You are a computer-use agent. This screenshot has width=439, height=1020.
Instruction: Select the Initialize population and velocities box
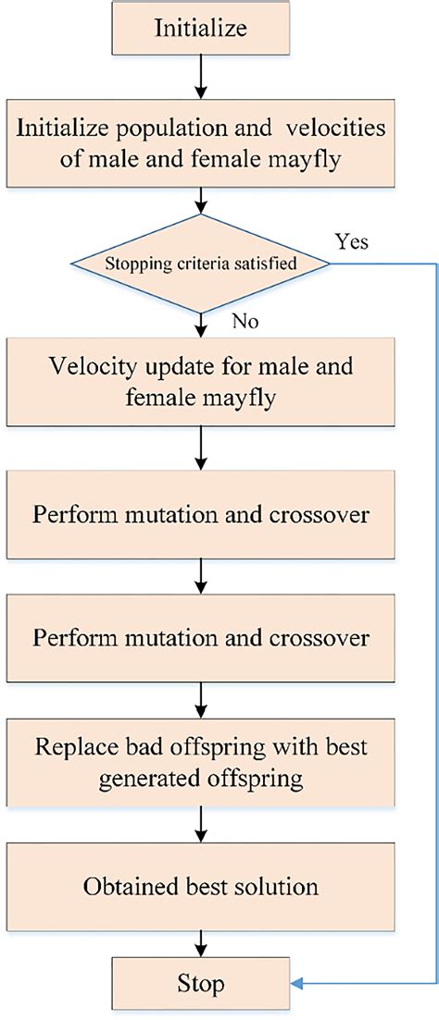[x=201, y=143]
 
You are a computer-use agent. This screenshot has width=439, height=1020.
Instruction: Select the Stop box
[x=201, y=983]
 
